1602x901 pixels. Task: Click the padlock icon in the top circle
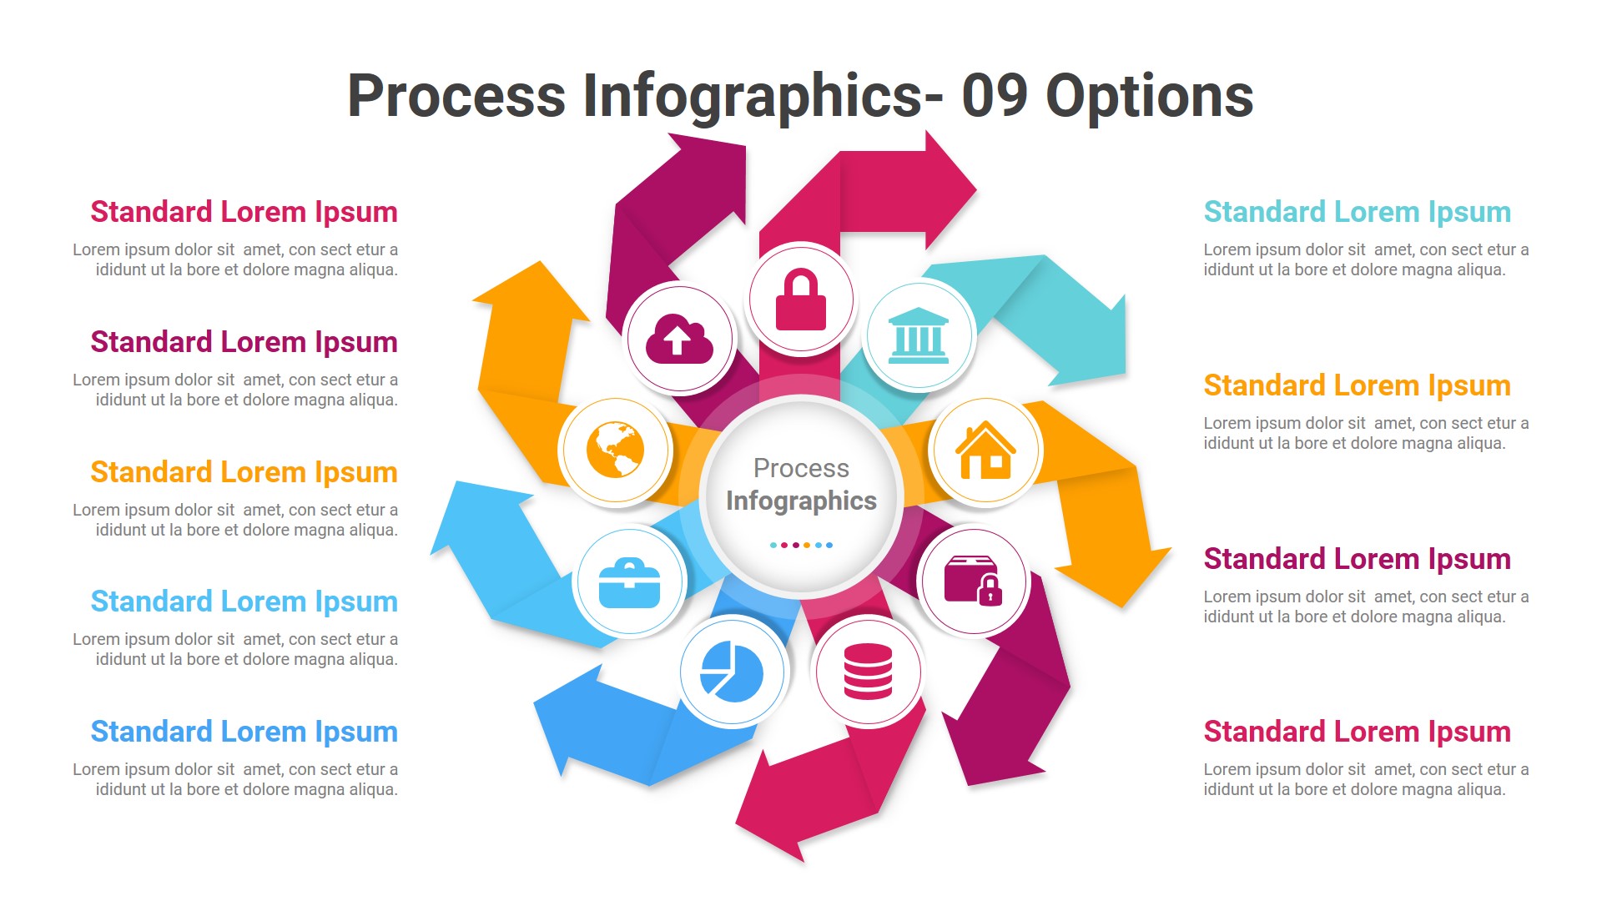tap(800, 299)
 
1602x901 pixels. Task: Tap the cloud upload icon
tap(680, 339)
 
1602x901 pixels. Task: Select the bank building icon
tap(918, 336)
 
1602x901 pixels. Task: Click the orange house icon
tap(985, 450)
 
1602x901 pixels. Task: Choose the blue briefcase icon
tap(630, 583)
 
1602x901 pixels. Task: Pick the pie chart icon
tap(732, 672)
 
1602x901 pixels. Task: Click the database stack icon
tap(868, 672)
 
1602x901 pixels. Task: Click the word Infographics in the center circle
tap(801, 501)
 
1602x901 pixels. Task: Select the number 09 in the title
tap(995, 96)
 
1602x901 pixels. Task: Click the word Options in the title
tap(1149, 98)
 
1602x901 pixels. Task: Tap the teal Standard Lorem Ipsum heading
tap(1357, 212)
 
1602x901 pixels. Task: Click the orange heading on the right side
tap(1357, 385)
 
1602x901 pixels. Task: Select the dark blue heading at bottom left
tap(244, 732)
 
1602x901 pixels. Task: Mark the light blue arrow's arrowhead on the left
tap(471, 521)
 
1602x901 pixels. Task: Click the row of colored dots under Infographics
tap(801, 545)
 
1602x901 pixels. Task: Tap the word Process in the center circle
tap(801, 468)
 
